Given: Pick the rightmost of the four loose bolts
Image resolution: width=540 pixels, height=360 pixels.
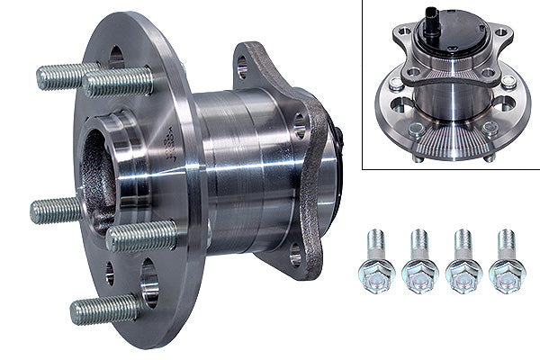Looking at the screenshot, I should [x=506, y=262].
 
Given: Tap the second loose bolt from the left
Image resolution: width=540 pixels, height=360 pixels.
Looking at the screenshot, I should [x=420, y=262].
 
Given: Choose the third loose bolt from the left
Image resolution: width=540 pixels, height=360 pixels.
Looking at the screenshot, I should [x=463, y=262].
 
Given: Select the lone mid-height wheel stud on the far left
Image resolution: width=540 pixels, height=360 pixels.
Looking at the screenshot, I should [x=56, y=211].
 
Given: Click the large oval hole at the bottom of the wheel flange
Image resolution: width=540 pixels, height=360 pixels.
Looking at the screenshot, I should [x=149, y=280].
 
